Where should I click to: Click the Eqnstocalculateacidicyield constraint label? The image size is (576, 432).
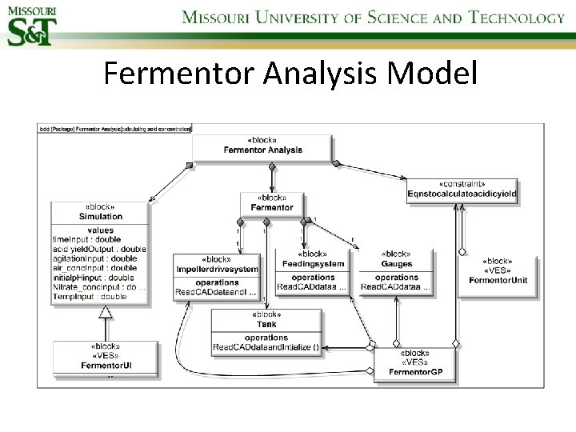(x=462, y=194)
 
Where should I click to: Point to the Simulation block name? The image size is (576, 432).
(x=101, y=216)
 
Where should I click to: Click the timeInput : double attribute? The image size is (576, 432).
(x=86, y=239)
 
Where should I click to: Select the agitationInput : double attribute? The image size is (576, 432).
(x=94, y=258)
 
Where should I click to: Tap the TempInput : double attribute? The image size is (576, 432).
(x=89, y=296)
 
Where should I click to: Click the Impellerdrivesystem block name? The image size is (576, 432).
(x=218, y=270)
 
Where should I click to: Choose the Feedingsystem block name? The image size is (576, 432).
(x=313, y=263)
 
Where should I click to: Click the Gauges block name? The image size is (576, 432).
(x=396, y=263)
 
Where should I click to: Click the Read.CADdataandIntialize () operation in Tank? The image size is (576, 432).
(x=266, y=346)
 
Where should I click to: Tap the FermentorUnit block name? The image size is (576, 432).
(x=498, y=280)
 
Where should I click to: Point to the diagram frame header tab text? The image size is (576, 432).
(x=115, y=129)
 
